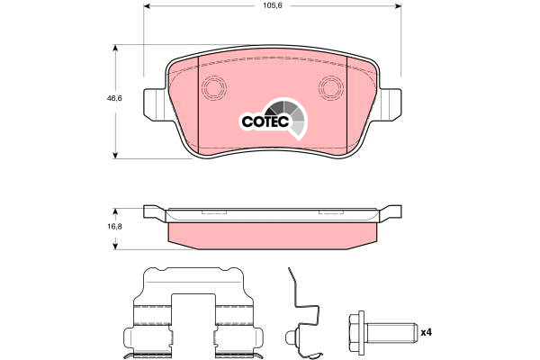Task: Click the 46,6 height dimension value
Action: point(114,98)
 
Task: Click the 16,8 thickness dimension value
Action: point(114,227)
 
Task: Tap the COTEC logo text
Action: point(265,121)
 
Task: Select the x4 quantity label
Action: point(426,332)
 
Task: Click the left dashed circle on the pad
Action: point(213,87)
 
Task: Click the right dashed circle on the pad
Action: point(330,87)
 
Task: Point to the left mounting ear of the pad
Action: point(155,104)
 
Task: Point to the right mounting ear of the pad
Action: point(390,104)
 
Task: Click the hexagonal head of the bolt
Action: point(357,332)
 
